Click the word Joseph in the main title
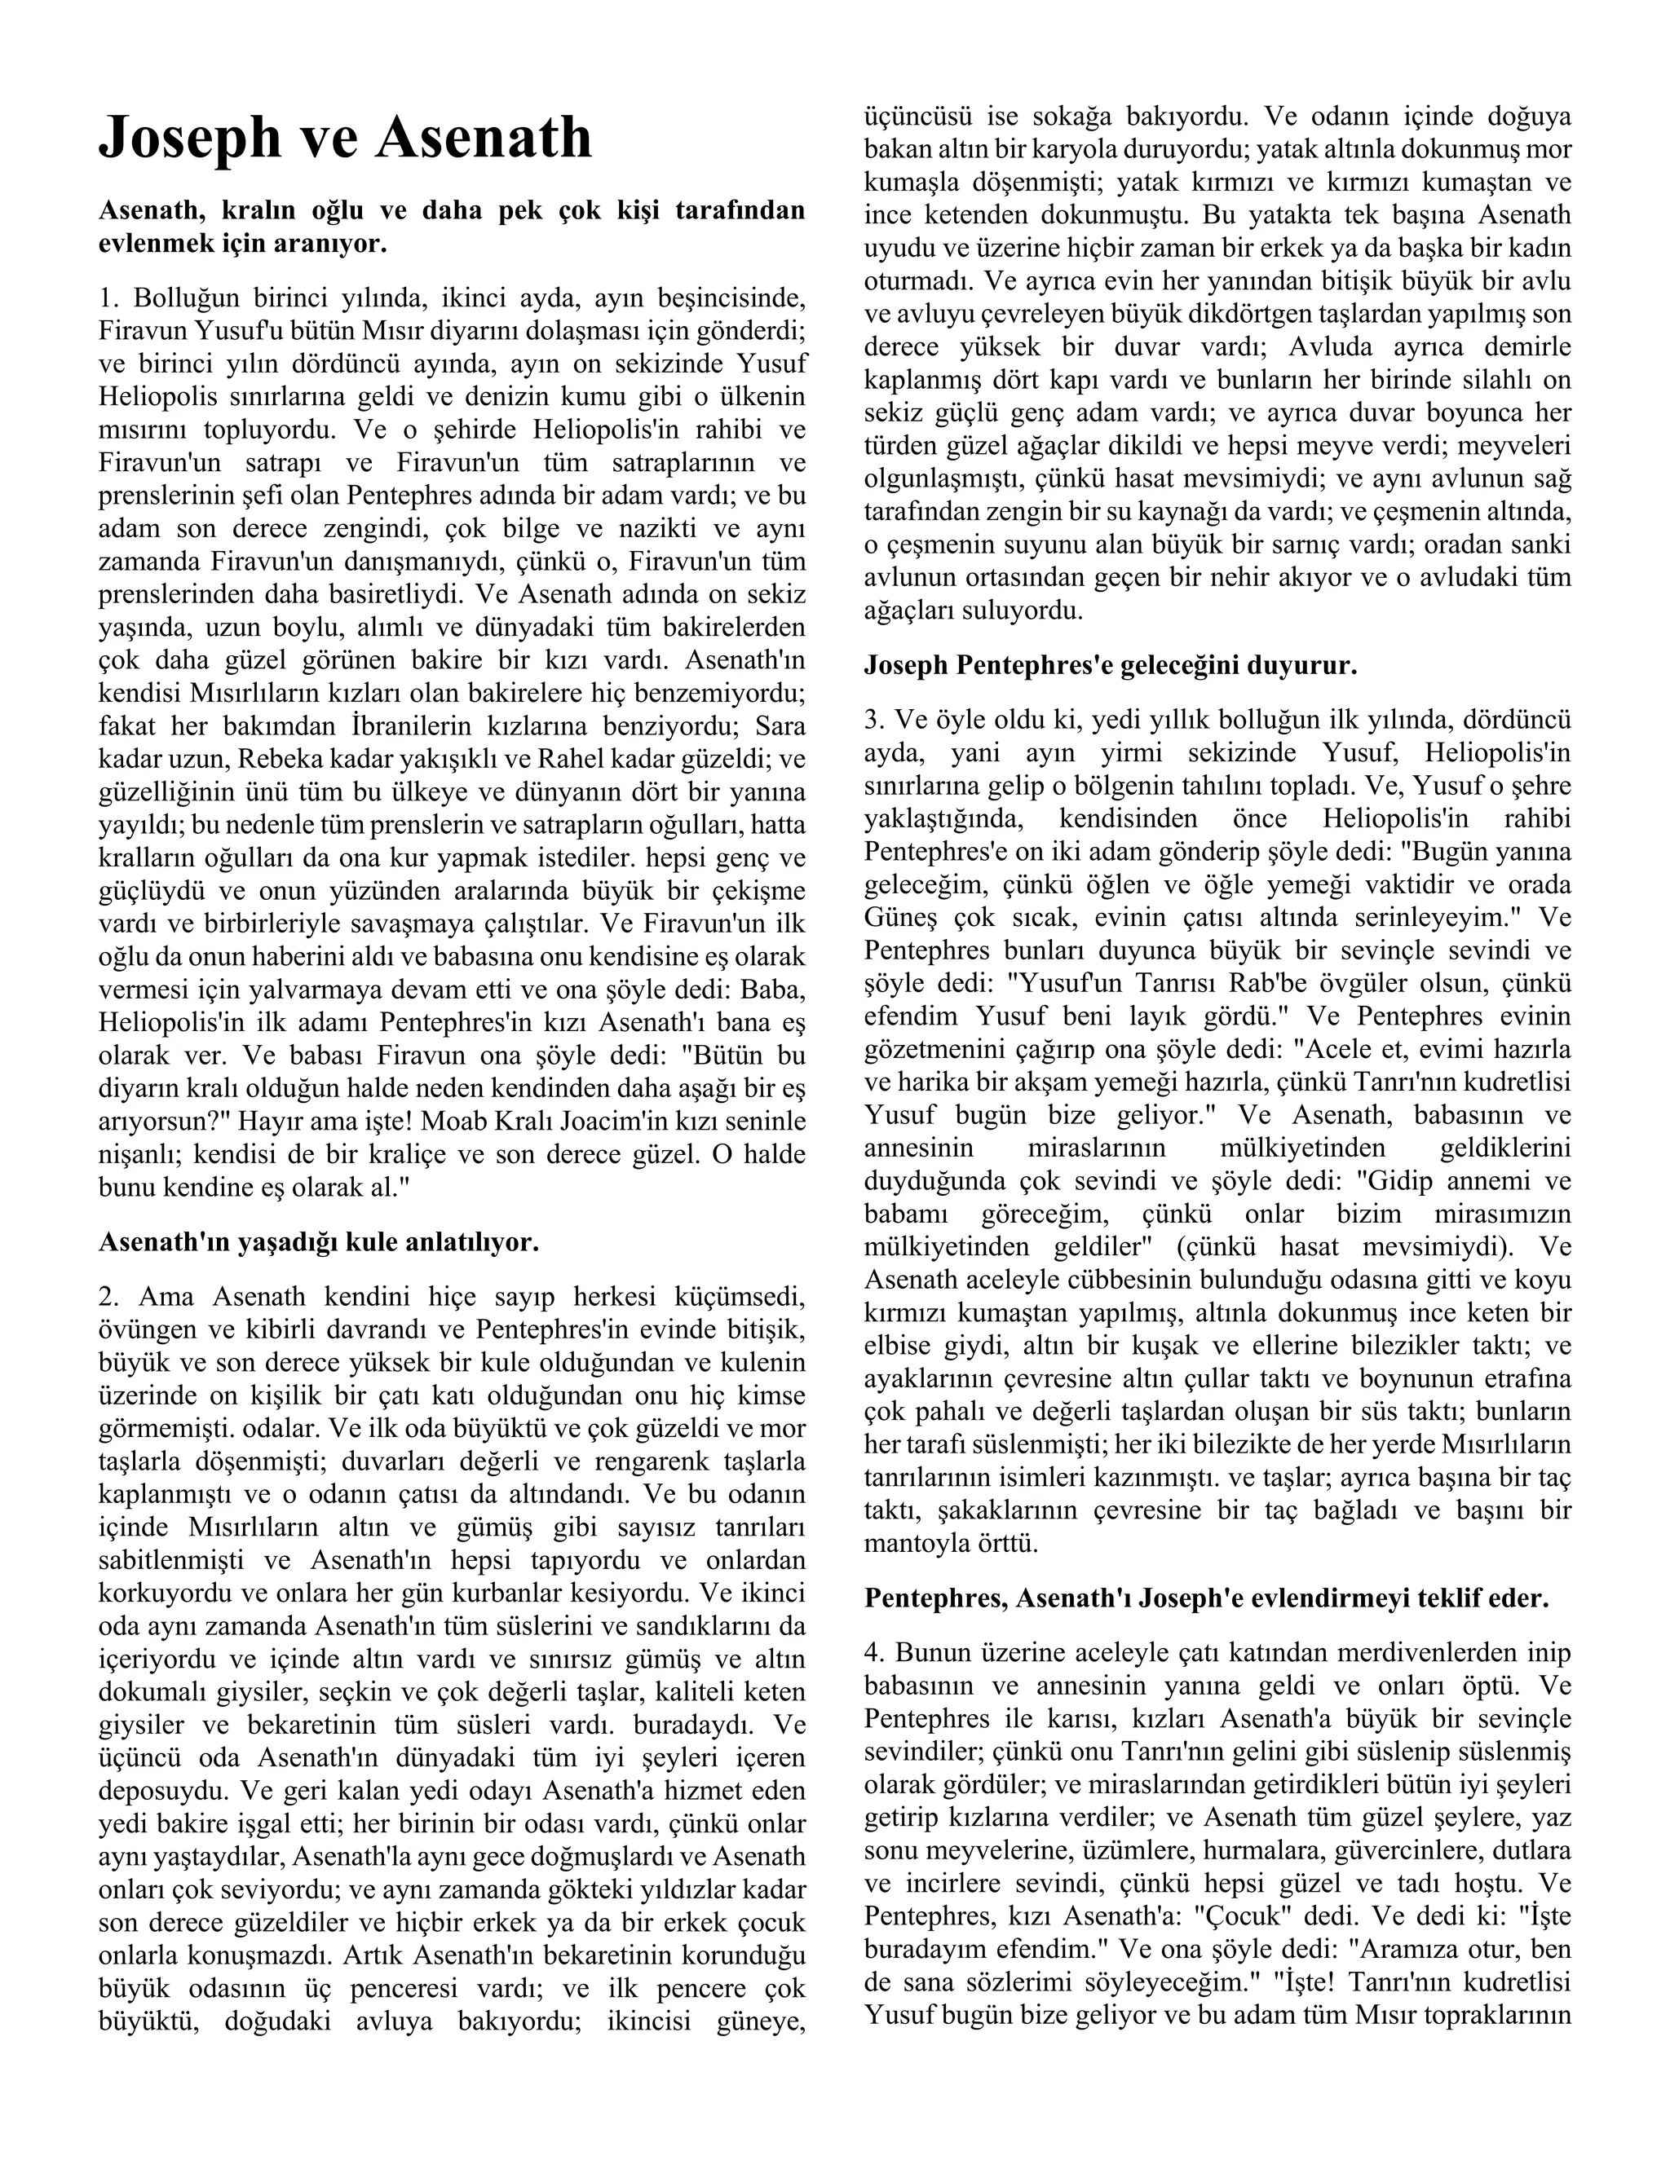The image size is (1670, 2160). pos(189,139)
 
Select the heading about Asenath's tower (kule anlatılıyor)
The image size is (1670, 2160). pos(319,1242)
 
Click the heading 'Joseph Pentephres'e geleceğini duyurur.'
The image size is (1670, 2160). pos(1110,666)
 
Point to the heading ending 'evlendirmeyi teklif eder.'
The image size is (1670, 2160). pos(1206,1598)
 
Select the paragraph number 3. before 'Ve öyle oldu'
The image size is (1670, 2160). pos(875,720)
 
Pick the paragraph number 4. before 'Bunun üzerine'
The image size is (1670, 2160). pos(875,1653)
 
